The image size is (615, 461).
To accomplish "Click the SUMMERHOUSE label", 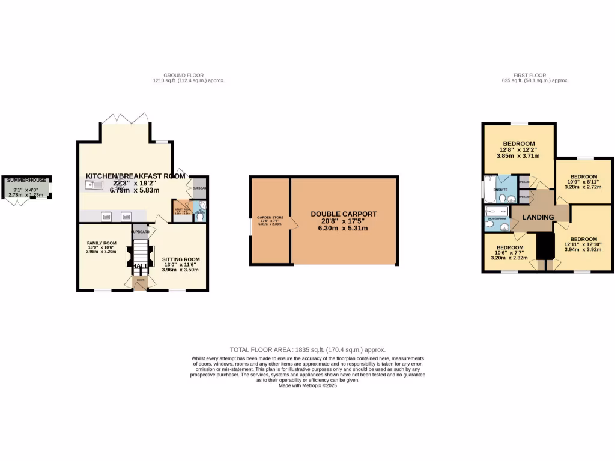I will [26, 179].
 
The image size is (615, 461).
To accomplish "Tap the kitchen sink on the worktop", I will [95, 185].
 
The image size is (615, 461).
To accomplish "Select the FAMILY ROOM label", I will [101, 243].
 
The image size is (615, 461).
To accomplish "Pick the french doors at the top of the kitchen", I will [124, 119].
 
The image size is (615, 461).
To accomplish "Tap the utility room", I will [181, 209].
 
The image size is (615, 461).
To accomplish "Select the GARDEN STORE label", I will [270, 217].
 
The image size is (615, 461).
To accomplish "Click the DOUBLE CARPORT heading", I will [344, 214].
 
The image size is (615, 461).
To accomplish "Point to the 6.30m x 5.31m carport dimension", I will [344, 227].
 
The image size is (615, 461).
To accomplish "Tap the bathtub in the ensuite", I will [488, 187].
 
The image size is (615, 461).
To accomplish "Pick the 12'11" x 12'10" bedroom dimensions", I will [582, 244].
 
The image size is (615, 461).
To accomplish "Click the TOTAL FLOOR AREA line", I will [307, 349].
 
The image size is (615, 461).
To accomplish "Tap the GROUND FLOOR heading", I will [183, 76].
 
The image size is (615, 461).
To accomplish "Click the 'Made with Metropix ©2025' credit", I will [307, 385].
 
